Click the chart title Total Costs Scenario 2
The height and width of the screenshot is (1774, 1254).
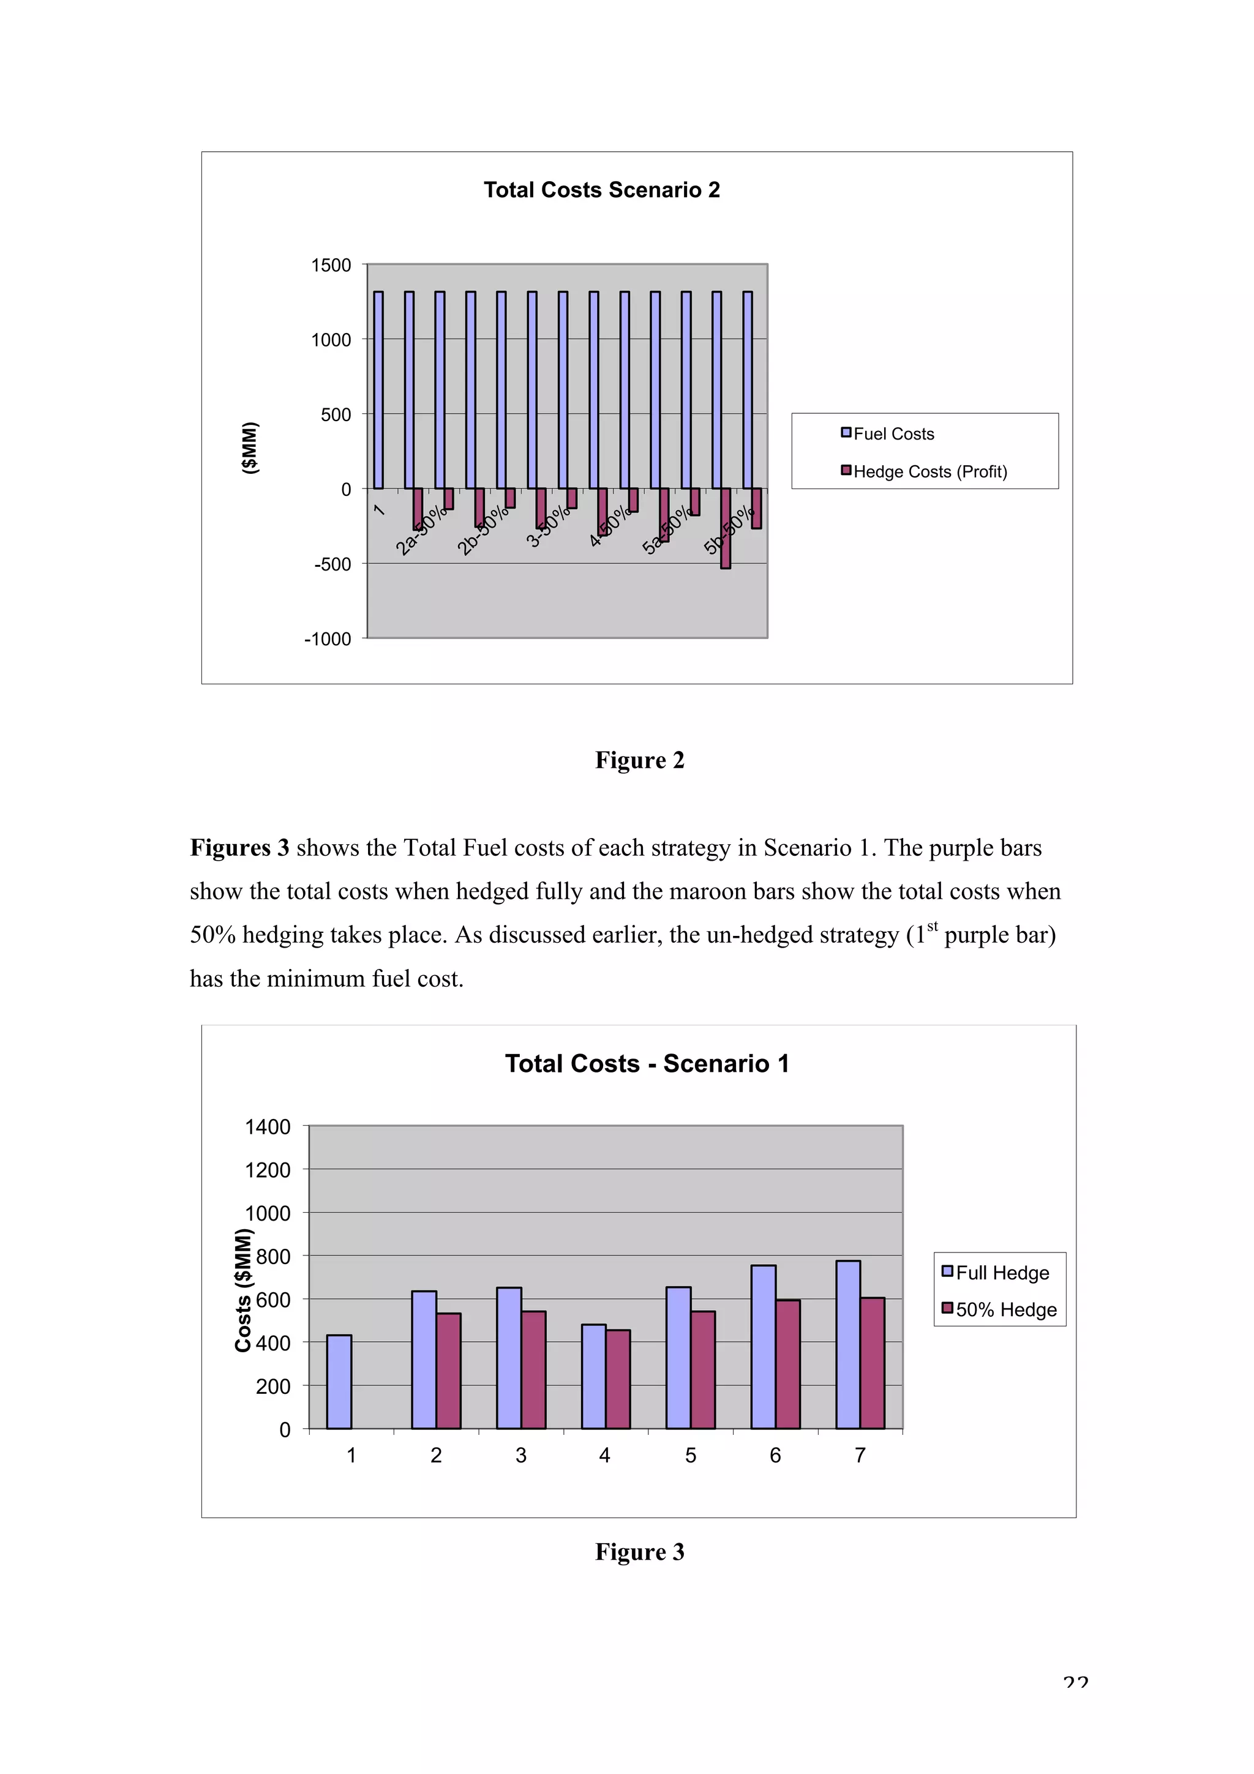point(601,190)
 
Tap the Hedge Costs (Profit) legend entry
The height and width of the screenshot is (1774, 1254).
point(929,472)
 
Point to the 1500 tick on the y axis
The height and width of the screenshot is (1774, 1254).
point(331,266)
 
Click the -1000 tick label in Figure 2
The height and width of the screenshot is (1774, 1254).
point(328,640)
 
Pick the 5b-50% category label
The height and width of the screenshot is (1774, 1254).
point(729,531)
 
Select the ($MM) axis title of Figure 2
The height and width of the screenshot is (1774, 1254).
point(250,448)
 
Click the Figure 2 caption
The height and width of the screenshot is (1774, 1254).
point(639,760)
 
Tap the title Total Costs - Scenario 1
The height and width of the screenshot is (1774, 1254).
point(647,1064)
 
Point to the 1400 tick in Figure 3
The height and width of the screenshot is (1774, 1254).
point(268,1128)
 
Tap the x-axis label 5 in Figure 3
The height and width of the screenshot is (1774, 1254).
point(690,1456)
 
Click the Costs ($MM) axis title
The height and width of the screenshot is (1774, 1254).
point(243,1290)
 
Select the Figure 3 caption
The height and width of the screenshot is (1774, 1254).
point(639,1552)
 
